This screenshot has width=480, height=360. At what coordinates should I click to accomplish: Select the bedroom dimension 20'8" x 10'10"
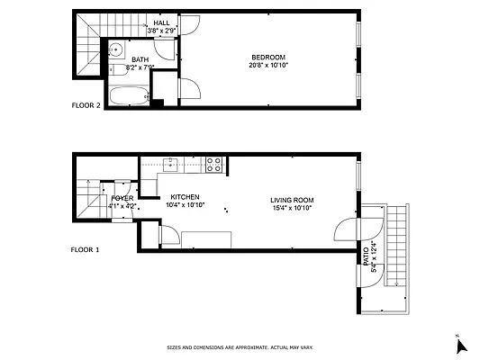click(x=268, y=65)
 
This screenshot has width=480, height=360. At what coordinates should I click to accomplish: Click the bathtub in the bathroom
click(x=129, y=95)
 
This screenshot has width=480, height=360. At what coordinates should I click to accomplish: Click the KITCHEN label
click(x=185, y=197)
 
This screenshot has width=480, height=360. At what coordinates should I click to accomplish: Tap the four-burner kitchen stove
click(x=214, y=164)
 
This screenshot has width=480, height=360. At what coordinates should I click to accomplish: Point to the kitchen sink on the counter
click(x=172, y=164)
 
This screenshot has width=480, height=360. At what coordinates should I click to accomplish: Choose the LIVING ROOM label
click(x=291, y=200)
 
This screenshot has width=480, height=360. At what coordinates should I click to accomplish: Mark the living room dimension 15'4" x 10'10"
click(x=291, y=208)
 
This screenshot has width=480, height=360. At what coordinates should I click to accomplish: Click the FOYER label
click(x=122, y=197)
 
